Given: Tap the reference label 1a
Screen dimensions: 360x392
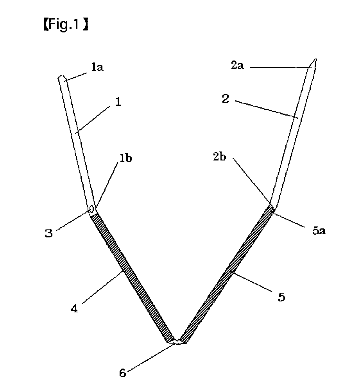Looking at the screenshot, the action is click(97, 68).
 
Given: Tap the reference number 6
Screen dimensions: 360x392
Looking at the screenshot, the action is click(123, 374).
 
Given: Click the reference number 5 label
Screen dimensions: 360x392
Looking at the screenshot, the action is click(281, 297).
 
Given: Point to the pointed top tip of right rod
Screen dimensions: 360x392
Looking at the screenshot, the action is click(315, 61).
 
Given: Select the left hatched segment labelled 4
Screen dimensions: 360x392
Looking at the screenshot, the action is click(129, 273).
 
